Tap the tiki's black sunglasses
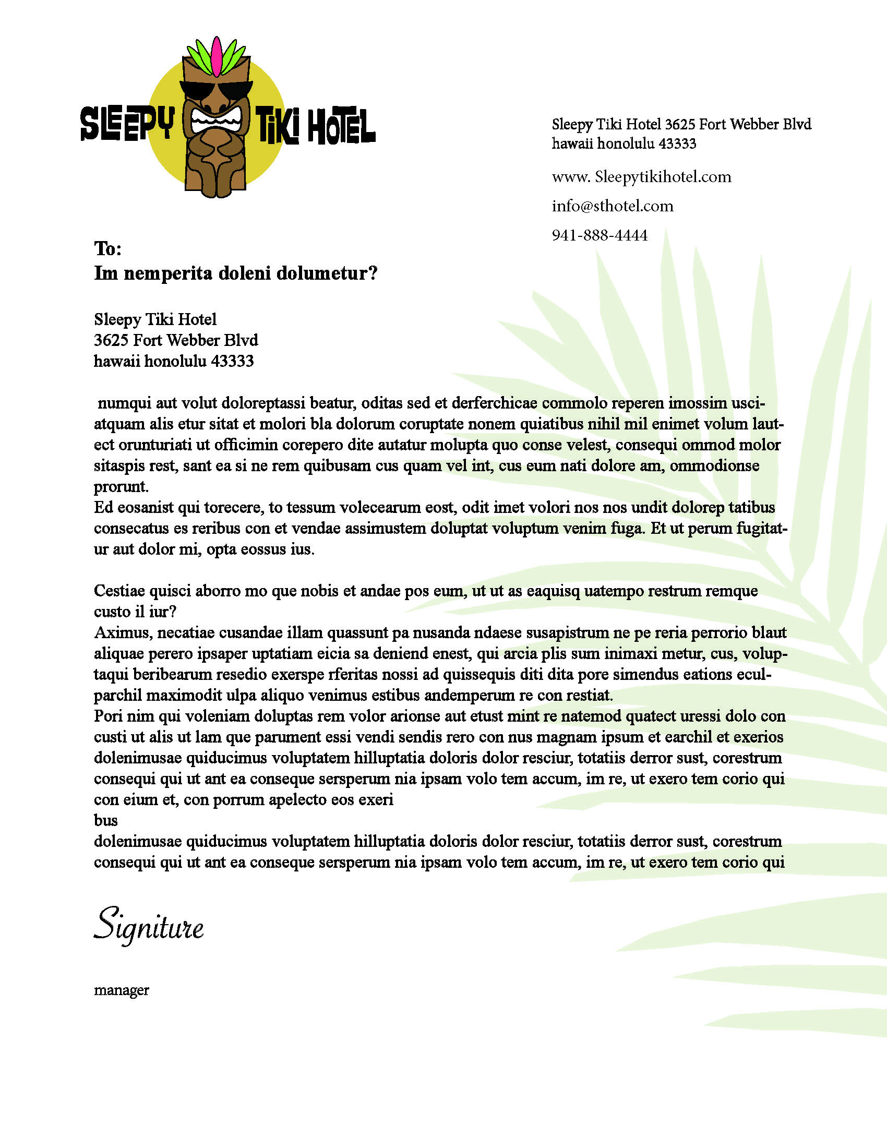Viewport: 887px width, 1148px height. click(215, 90)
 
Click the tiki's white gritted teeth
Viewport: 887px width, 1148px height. click(215, 122)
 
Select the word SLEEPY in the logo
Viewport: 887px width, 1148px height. click(127, 124)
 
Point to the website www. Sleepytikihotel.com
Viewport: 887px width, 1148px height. click(641, 176)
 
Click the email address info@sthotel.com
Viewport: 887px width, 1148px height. click(612, 206)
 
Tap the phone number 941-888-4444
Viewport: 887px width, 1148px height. click(600, 235)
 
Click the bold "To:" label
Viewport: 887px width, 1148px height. click(107, 248)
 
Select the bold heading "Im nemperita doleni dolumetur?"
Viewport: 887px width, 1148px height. click(235, 273)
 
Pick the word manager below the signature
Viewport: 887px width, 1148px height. click(122, 990)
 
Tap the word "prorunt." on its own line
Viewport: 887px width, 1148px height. click(121, 487)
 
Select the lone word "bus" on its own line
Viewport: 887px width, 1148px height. click(105, 820)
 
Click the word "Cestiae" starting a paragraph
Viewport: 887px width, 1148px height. click(120, 591)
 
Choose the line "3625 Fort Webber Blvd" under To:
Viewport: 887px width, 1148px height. click(176, 340)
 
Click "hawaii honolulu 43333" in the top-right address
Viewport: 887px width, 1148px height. click(624, 143)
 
